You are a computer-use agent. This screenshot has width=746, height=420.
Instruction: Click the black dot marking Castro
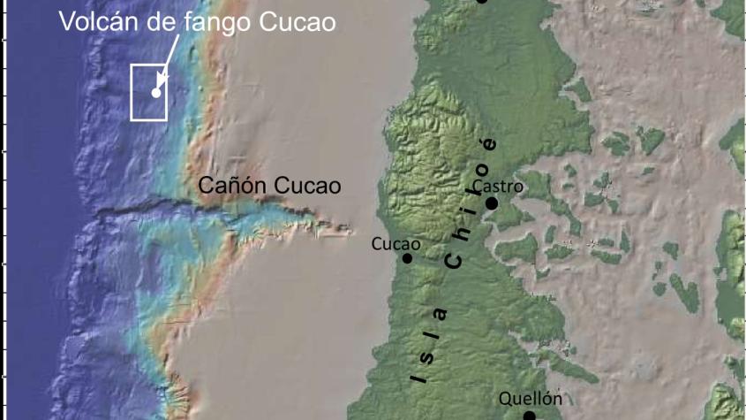click(x=491, y=203)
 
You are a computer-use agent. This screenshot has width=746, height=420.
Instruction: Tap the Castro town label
click(x=498, y=187)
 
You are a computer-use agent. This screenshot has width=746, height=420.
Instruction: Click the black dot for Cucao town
click(x=408, y=258)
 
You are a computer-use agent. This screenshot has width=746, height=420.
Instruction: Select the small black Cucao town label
click(x=396, y=243)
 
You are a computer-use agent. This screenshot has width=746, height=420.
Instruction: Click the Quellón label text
click(x=531, y=398)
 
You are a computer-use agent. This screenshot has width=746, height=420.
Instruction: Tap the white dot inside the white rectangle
click(x=156, y=92)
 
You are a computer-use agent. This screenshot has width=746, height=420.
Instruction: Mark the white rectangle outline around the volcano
click(x=132, y=92)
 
